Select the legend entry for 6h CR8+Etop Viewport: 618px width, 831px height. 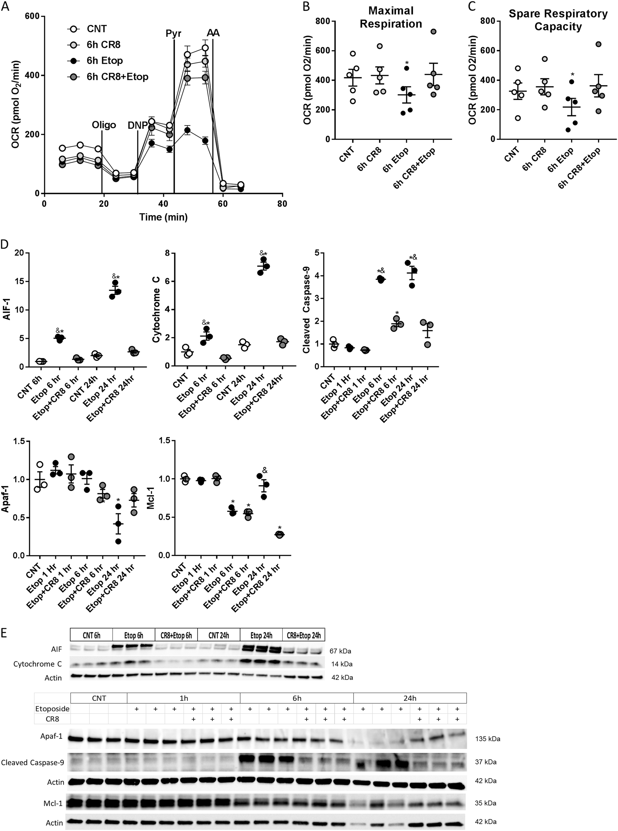pyautogui.click(x=117, y=77)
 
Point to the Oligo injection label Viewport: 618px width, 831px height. pyautogui.click(x=104, y=125)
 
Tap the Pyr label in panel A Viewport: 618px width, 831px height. pyautogui.click(x=174, y=33)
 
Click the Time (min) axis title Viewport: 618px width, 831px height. pyautogui.click(x=163, y=217)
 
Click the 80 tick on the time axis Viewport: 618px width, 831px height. pyautogui.click(x=282, y=204)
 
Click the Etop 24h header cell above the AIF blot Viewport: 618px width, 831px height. pyautogui.click(x=261, y=635)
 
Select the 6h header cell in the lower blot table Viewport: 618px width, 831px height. pyautogui.click(x=296, y=698)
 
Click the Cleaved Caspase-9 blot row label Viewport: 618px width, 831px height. pyautogui.click(x=32, y=762)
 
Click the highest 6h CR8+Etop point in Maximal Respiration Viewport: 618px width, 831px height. pyautogui.click(x=433, y=31)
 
